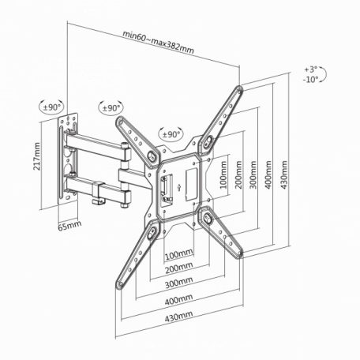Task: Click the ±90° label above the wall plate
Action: (52, 107)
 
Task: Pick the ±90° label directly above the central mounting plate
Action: (171, 135)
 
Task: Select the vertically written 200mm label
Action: (238, 177)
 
